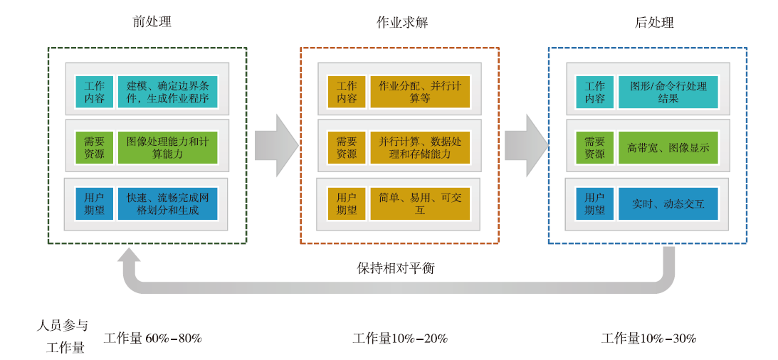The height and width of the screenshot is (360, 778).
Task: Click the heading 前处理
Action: (x=152, y=22)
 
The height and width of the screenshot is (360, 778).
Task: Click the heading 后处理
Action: (x=654, y=22)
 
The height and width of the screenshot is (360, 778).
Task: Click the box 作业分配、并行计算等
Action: (x=420, y=92)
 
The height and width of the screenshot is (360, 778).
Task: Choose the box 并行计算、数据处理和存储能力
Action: (x=420, y=147)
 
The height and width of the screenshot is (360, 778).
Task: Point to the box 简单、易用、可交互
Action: (x=420, y=203)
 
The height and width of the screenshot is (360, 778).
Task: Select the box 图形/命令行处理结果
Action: (x=668, y=92)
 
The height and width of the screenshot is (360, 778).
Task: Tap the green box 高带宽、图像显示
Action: (x=668, y=147)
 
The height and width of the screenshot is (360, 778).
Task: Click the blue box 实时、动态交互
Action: (x=668, y=203)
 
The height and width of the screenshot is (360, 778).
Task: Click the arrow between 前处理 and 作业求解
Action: (x=276, y=145)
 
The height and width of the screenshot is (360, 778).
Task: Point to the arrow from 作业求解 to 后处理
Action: (x=527, y=145)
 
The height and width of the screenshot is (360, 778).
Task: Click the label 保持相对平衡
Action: (x=396, y=268)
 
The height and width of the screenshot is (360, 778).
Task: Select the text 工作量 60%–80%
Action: (x=153, y=339)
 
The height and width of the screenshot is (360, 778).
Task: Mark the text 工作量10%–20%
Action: (x=401, y=339)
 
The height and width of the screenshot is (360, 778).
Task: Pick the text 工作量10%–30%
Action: (x=649, y=339)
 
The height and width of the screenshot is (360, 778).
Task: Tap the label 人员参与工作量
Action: (x=62, y=337)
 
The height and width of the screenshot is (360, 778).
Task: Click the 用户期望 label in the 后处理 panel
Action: (x=594, y=203)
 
